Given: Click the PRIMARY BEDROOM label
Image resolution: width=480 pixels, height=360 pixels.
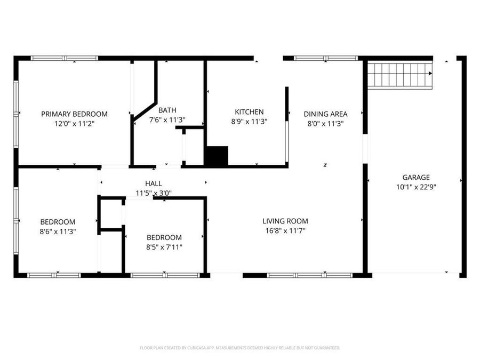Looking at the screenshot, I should coord(74,114).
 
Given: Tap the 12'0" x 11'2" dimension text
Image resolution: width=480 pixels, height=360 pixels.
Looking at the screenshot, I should coord(74,123).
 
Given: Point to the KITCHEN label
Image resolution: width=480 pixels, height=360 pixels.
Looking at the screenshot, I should coord(249,112).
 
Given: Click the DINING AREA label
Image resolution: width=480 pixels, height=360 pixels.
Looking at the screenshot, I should coord(325,114).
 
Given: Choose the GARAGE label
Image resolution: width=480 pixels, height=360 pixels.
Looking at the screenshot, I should coord(416,178).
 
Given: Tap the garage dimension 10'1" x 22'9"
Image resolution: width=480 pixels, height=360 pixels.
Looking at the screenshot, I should coord(416,187).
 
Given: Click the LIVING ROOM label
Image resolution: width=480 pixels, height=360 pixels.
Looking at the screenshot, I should coord(285,221).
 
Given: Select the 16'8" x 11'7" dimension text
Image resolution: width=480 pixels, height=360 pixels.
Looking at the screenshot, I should coord(285,230).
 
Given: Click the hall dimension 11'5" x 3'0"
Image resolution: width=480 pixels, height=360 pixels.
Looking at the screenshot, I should coord(154,193).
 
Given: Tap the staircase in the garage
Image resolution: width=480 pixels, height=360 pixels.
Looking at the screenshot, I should coord(400,75).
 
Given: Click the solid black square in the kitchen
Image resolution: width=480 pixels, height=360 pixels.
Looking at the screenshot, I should coord(217,156).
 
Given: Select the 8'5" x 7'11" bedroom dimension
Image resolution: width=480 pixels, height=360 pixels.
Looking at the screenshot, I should coord(164,246).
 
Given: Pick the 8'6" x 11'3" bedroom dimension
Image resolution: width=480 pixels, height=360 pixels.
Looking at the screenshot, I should coord(58,231).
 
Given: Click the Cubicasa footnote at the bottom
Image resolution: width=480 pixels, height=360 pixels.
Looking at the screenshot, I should coord(240,348).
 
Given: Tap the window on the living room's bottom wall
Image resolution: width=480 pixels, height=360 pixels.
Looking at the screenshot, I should coord(309,275).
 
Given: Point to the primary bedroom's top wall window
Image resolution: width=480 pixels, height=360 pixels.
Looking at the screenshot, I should coord(64,58).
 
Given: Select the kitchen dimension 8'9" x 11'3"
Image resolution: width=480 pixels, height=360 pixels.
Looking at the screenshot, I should coord(249,121).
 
